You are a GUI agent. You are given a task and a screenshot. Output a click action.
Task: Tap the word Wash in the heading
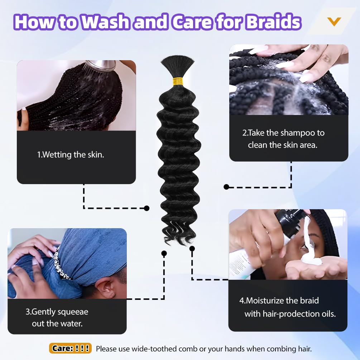pos(106,22)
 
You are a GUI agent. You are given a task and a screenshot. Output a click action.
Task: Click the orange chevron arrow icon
pos(334,21)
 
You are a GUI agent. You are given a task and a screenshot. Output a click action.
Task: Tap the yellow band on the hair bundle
pos(177,82)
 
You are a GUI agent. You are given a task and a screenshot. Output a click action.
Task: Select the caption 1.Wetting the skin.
pos(71,155)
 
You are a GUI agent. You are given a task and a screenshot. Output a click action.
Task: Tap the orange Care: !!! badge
pos(70,348)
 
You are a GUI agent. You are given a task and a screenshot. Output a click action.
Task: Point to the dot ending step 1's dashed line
pos(147,208)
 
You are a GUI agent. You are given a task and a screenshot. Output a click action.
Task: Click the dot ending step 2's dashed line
pos(226,187)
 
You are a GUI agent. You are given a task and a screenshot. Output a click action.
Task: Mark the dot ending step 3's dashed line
pos(164,254)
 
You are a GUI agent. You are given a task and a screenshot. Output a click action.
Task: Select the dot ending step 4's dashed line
pos(192,249)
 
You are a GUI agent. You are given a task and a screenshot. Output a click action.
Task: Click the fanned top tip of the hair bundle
pos(177,60)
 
